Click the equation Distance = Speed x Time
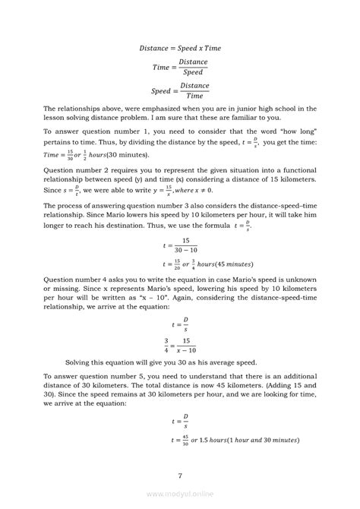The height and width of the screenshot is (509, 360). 180,47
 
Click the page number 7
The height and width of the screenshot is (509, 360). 180,476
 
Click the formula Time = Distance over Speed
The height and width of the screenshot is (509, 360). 181,67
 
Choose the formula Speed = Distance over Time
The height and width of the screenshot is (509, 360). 181,90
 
